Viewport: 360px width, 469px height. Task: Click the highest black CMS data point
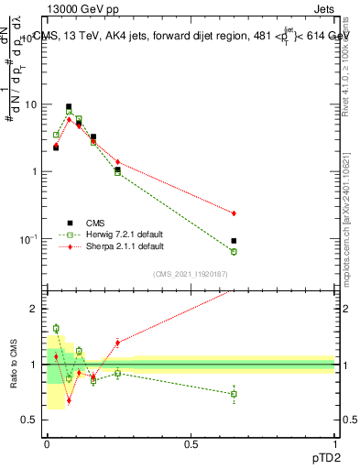[x=69, y=107]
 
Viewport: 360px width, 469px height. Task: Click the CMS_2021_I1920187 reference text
[x=190, y=275]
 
